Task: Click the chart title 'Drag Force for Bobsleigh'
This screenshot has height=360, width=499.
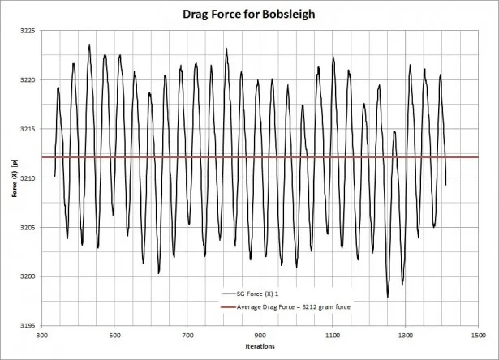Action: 249,13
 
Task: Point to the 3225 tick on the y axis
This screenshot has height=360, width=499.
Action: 27,31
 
